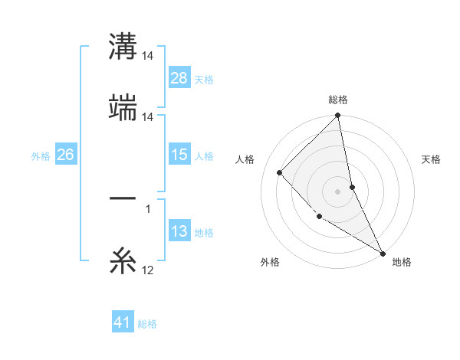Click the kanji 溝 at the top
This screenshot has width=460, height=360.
[123, 47]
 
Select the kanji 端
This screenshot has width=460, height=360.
[123, 108]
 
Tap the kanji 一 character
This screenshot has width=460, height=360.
[123, 200]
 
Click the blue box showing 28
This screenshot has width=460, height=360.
[179, 77]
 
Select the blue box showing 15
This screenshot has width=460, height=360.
[179, 155]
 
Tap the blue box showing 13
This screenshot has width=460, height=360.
[179, 231]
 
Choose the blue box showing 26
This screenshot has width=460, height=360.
[65, 155]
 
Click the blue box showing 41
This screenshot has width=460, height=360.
[123, 322]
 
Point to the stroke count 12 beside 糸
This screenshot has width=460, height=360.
[148, 270]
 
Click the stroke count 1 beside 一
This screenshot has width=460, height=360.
[148, 208]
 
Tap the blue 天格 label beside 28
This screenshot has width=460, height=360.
[204, 79]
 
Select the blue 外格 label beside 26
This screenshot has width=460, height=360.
[41, 155]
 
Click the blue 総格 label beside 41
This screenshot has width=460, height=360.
[147, 323]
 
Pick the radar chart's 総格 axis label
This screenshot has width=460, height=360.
[338, 100]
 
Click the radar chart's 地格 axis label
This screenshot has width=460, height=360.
[402, 262]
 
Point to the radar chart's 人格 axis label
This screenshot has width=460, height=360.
[245, 159]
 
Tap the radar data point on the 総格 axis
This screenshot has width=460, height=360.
[338, 116]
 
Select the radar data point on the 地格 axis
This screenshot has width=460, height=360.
[383, 253]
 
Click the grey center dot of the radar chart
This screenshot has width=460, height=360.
[338, 191]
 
